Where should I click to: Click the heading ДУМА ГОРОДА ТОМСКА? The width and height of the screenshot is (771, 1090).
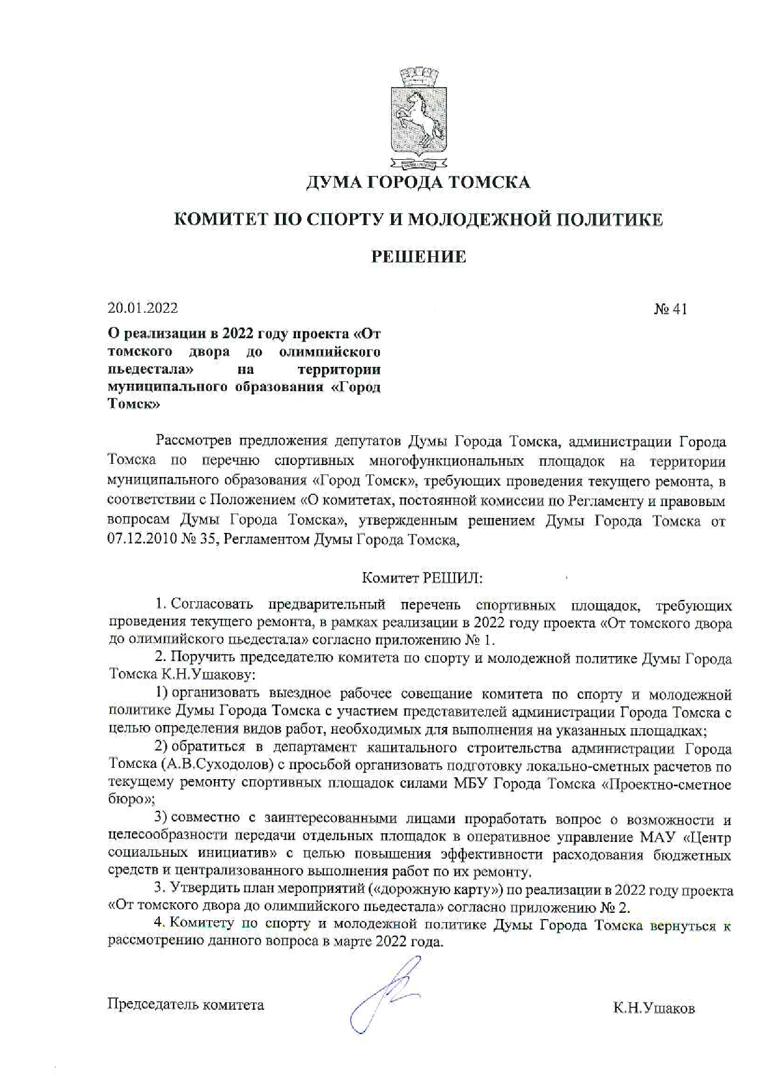coord(418,182)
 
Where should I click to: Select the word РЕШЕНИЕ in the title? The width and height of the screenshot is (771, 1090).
coord(418,257)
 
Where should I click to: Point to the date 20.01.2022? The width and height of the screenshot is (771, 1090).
coord(142,308)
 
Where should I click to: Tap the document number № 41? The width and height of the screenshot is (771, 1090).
coord(670,309)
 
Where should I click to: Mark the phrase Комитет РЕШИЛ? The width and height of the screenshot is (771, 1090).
coord(422,578)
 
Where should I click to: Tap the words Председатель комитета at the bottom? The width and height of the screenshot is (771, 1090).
coord(186,1004)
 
